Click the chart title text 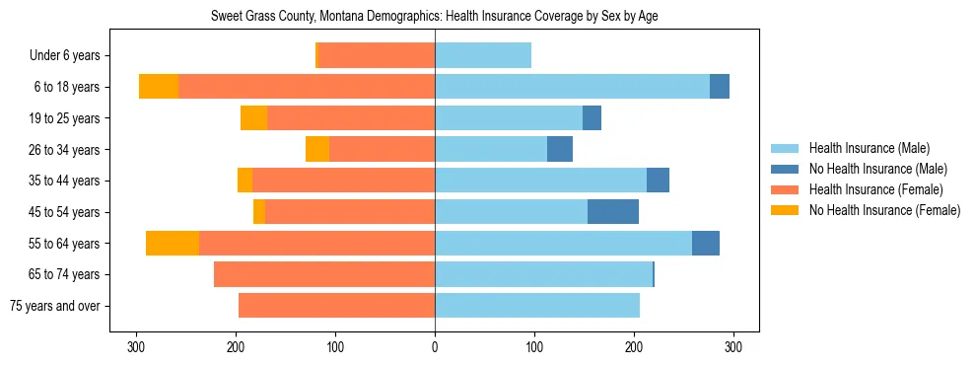click(435, 17)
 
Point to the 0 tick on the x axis click(435, 346)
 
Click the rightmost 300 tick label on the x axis click(732, 346)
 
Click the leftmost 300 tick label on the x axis click(137, 346)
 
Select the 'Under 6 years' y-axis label click(72, 56)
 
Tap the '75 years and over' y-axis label click(62, 306)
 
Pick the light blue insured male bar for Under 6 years click(483, 56)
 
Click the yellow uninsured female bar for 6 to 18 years click(159, 87)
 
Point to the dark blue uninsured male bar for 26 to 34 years click(560, 150)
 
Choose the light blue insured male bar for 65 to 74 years click(543, 274)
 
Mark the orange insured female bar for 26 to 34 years click(383, 150)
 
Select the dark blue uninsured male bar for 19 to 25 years click(592, 118)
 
